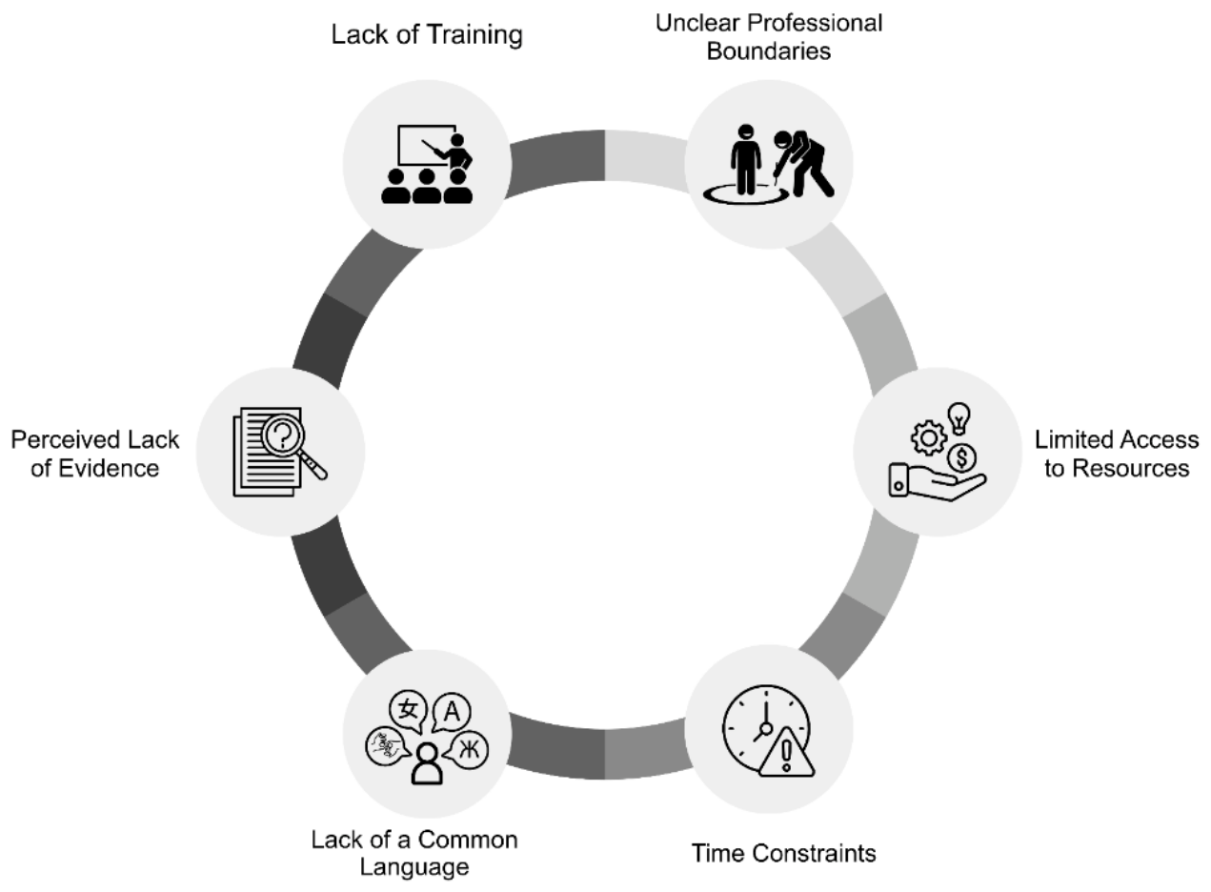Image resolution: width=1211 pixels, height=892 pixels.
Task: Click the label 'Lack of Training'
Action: pyautogui.click(x=427, y=35)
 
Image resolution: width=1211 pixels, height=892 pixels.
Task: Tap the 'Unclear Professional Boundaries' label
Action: pyautogui.click(x=769, y=37)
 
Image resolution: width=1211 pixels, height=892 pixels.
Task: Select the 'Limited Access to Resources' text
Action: pyautogui.click(x=1117, y=455)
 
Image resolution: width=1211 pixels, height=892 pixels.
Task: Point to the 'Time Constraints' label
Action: pyautogui.click(x=784, y=854)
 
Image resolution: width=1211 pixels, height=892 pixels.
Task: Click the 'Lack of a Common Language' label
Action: pyautogui.click(x=414, y=854)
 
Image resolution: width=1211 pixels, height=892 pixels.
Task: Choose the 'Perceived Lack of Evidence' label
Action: pyautogui.click(x=95, y=455)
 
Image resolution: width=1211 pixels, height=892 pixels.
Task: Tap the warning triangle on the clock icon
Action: pyautogui.click(x=787, y=753)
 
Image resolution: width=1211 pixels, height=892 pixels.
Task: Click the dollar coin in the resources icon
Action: pyautogui.click(x=961, y=458)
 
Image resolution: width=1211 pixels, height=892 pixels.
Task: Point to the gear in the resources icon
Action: pyautogui.click(x=929, y=437)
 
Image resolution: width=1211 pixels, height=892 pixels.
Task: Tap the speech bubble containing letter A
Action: pyautogui.click(x=452, y=713)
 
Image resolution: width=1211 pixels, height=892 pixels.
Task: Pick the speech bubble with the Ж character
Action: pyautogui.click(x=467, y=750)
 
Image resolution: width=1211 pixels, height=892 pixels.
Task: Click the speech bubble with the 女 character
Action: pyautogui.click(x=408, y=711)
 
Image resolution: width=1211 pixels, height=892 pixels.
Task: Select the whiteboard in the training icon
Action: pyautogui.click(x=427, y=146)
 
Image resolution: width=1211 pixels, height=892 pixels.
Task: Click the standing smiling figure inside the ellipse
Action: pyautogui.click(x=745, y=159)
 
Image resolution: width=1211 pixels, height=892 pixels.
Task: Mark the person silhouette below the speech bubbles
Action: pyautogui.click(x=427, y=764)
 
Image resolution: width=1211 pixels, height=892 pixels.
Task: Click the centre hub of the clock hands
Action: pyautogui.click(x=766, y=729)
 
